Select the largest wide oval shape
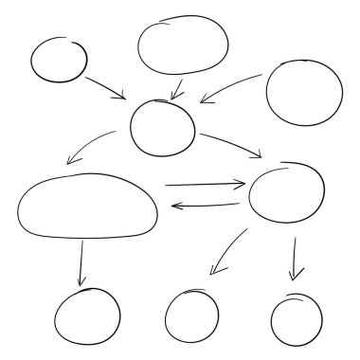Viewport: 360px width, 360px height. [x=87, y=207]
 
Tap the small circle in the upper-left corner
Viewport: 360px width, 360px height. [x=59, y=61]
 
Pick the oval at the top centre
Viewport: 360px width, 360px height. [x=183, y=45]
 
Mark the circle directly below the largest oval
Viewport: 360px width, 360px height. [x=87, y=317]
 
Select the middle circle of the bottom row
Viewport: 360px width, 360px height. [x=191, y=316]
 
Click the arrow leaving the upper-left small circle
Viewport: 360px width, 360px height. [x=105, y=87]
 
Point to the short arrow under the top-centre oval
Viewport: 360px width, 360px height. [x=176, y=88]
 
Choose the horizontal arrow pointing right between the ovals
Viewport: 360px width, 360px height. [x=204, y=183]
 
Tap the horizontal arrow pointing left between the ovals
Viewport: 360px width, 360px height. [x=205, y=204]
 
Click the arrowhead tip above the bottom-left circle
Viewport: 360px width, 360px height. [x=81, y=285]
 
